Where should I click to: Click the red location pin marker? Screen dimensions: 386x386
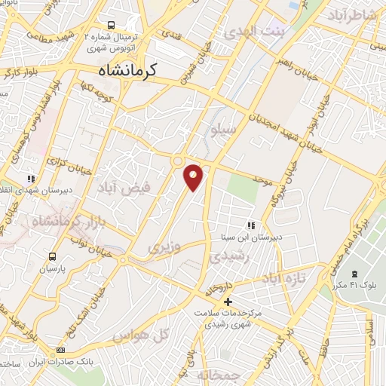[194, 176]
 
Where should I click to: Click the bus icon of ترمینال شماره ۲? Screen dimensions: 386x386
[112, 25]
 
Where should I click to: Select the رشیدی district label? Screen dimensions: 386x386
[229, 257]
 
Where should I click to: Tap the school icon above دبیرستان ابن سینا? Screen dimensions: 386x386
[251, 225]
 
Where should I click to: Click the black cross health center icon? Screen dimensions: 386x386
[228, 302]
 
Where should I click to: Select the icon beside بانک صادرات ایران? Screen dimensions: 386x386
[61, 351]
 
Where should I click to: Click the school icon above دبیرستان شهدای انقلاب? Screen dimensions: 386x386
[31, 179]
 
